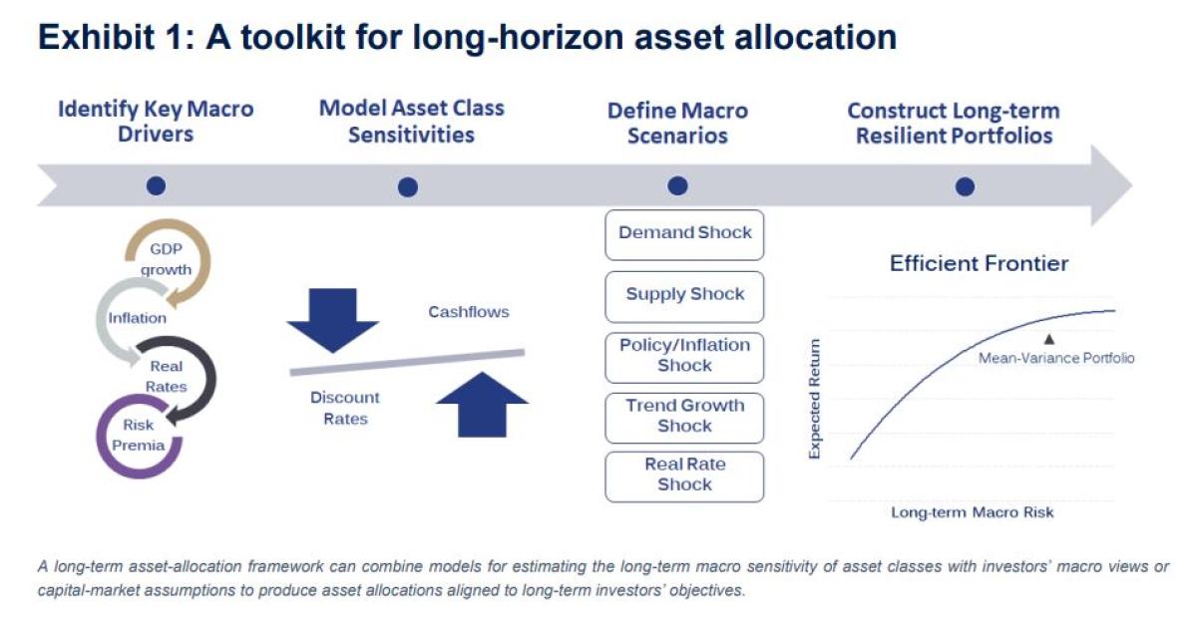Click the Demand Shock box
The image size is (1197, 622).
[684, 235]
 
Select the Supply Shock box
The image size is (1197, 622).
[684, 297]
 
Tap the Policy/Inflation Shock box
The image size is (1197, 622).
[684, 358]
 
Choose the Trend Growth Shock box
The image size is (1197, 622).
[684, 418]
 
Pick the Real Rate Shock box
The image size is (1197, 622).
[684, 476]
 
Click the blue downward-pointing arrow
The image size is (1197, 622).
[333, 320]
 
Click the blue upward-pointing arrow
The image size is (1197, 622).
[482, 404]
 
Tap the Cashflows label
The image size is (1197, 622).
[469, 312]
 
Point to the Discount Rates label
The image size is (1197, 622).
[345, 408]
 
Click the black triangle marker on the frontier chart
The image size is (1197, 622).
[1049, 339]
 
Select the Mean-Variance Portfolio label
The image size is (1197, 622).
[1056, 358]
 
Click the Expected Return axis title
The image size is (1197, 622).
[814, 399]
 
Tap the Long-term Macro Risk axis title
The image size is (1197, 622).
[972, 512]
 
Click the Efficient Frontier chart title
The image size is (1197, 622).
[979, 264]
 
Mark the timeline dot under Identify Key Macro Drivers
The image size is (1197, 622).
[156, 185]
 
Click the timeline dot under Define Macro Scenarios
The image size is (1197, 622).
[677, 185]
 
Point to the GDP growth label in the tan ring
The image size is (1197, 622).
[166, 259]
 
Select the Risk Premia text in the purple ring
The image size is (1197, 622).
[138, 436]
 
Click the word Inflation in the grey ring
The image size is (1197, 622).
[138, 318]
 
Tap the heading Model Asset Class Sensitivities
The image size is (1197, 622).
[411, 122]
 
